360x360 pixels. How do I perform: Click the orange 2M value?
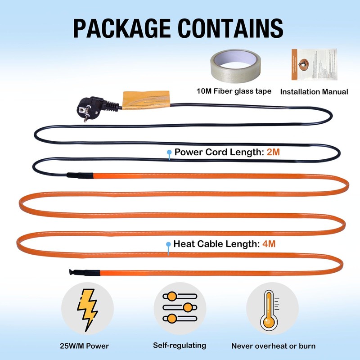[x=273, y=153]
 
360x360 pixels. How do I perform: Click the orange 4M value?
[x=268, y=245]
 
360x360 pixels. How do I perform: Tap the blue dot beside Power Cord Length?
[x=169, y=153]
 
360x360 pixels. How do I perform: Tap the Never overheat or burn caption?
[x=273, y=346]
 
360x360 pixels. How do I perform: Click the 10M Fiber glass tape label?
[x=234, y=91]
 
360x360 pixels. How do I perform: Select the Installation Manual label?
[x=314, y=91]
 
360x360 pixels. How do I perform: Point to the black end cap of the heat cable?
[x=83, y=272]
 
